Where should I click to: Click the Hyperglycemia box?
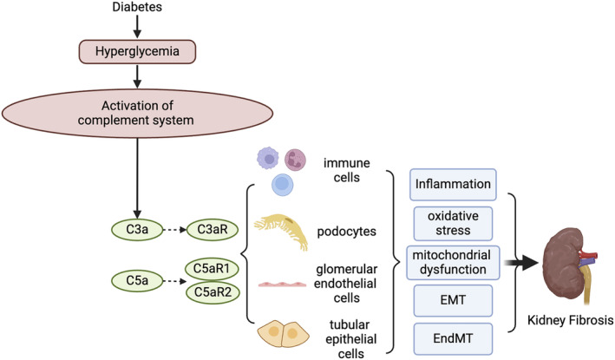(x=137, y=51)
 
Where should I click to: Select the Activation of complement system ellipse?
(x=137, y=114)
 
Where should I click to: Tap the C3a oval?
(x=137, y=229)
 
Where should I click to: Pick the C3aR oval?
(x=213, y=229)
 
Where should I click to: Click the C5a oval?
(x=137, y=281)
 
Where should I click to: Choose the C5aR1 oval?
(x=213, y=269)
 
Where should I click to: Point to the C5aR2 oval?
(x=213, y=292)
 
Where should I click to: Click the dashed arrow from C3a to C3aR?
(x=174, y=230)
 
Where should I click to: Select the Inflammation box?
(x=453, y=185)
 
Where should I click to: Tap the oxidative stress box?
(x=453, y=224)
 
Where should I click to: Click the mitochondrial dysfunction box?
(x=453, y=263)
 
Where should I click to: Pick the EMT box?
(x=453, y=301)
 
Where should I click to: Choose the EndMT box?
(x=453, y=339)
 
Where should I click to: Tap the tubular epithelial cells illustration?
(x=283, y=334)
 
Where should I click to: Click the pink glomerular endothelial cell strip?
(x=282, y=284)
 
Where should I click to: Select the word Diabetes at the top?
(x=137, y=7)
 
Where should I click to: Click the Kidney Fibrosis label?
(x=570, y=320)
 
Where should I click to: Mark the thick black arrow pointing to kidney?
(x=520, y=263)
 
